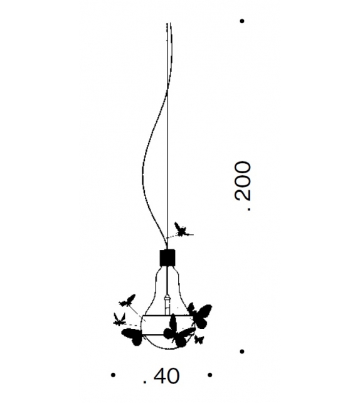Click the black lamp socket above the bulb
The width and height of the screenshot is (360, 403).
point(167,257)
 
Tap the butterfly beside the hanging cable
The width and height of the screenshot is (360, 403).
point(182,230)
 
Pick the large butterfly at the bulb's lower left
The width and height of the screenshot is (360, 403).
point(132,336)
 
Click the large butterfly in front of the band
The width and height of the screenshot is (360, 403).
point(178,331)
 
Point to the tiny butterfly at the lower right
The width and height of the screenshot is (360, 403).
point(199,340)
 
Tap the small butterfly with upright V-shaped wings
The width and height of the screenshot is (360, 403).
point(119,319)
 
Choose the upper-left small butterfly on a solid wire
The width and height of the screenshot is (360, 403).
point(127,301)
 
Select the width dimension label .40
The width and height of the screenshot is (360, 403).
point(161,376)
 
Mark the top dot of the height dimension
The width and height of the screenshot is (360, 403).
point(242,21)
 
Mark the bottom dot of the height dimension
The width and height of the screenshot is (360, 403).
point(242,352)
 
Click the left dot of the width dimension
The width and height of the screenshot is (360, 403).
point(113,375)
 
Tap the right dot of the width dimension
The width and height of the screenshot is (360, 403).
point(209,375)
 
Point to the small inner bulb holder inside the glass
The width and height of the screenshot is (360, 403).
point(167,305)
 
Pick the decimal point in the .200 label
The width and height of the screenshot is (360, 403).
point(248,208)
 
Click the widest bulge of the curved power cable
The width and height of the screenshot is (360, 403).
point(143,172)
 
